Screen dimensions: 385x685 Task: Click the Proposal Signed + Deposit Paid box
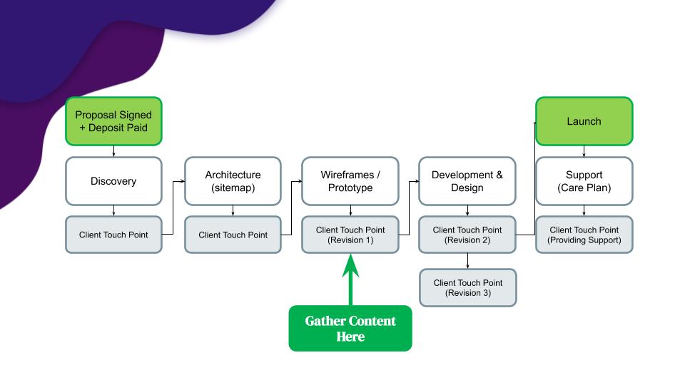click(113, 121)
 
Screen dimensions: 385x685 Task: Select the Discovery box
click(113, 181)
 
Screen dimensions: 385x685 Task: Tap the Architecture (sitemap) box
click(233, 181)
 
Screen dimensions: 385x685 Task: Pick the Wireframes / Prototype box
click(350, 181)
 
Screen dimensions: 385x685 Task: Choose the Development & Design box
click(467, 181)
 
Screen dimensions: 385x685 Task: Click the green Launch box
click(584, 121)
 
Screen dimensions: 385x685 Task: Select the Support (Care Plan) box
click(584, 181)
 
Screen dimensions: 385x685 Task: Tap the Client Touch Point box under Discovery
click(113, 235)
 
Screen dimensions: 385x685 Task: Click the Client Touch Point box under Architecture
click(233, 235)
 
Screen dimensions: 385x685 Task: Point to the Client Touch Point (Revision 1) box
click(350, 235)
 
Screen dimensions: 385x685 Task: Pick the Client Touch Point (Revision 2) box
click(467, 235)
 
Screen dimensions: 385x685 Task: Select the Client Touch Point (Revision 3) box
click(467, 287)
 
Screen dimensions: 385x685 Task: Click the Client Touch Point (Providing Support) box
click(584, 235)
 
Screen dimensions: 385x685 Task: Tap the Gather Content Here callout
click(350, 329)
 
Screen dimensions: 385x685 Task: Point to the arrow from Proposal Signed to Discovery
click(113, 150)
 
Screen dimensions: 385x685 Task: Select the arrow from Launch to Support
click(584, 150)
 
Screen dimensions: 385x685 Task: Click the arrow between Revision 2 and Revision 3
click(467, 260)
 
